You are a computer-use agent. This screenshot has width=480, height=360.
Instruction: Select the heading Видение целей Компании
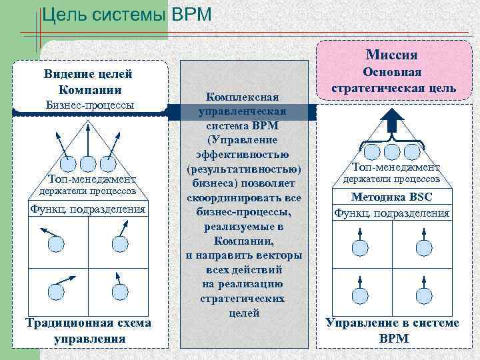[x=87, y=81]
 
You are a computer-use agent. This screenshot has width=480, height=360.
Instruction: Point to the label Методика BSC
[x=391, y=197]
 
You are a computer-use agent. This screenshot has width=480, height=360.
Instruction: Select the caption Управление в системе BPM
[x=392, y=330]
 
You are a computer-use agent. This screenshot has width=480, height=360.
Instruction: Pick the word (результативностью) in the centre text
[x=244, y=169]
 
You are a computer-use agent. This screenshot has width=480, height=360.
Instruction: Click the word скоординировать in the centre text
[x=244, y=198]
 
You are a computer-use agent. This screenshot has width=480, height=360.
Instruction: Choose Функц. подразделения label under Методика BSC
[x=391, y=213]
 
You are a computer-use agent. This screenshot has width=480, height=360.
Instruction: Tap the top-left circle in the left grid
[x=55, y=244]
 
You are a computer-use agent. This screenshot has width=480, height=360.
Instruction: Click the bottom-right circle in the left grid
[x=120, y=291]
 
